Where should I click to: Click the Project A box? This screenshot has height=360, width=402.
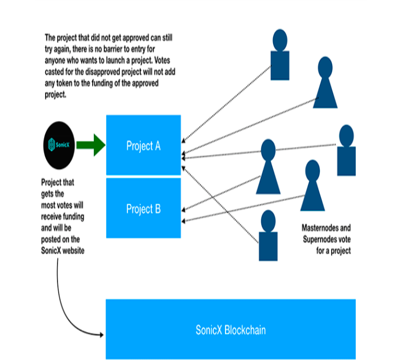pos(143,145)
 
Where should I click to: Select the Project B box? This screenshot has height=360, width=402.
pos(143,208)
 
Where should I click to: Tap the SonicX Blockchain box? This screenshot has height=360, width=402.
pos(231,329)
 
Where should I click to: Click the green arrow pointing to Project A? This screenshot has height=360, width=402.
pos(91,145)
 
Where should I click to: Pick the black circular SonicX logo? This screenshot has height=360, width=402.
pos(59,145)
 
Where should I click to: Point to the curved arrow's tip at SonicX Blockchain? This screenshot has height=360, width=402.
pos(103,335)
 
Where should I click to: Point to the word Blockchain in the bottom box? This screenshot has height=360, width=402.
pos(245,330)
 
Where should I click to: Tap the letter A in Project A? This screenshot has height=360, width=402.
pos(157,146)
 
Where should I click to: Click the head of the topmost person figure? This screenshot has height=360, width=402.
pos(280,40)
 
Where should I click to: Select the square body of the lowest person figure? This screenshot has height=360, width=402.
pos(268,246)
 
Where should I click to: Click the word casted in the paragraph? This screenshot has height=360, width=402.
pos(54,72)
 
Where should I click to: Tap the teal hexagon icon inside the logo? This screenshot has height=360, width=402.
pos(51,145)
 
